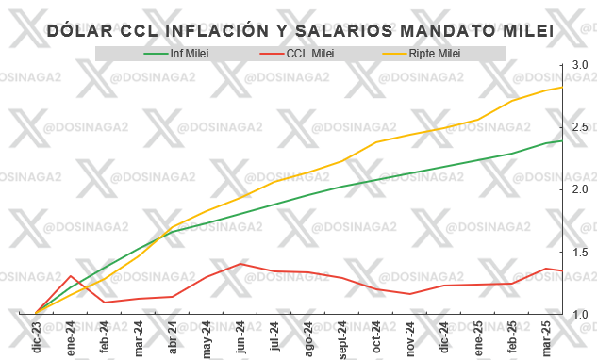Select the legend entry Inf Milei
pyautogui.click(x=190, y=54)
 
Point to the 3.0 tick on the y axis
pyautogui.click(x=579, y=64)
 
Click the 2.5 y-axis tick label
pyautogui.click(x=579, y=126)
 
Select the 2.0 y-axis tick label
pyautogui.click(x=579, y=189)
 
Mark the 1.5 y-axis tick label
pyautogui.click(x=579, y=252)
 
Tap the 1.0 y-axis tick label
pyautogui.click(x=579, y=314)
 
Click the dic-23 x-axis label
pyautogui.click(x=37, y=335)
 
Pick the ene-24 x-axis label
pyautogui.click(x=71, y=335)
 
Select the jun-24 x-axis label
pyautogui.click(x=240, y=335)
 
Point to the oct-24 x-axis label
pyautogui.click(x=376, y=335)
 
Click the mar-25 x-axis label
pyautogui.click(x=546, y=335)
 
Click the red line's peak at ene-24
pyautogui.click(x=71, y=276)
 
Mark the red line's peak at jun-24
pyautogui.click(x=240, y=264)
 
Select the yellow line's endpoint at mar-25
pyautogui.click(x=563, y=88)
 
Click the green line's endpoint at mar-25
pyautogui.click(x=563, y=140)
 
